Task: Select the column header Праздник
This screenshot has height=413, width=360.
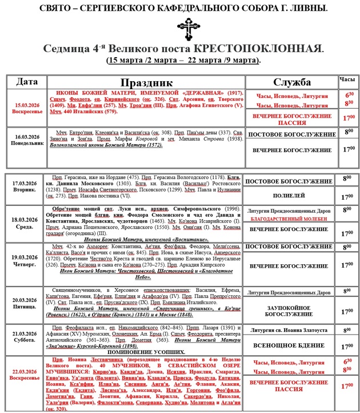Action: tap(146, 82)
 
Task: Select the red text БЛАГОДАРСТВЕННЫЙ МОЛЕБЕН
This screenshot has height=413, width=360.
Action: tap(288, 219)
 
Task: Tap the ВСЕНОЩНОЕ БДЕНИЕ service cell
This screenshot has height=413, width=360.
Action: tap(289, 346)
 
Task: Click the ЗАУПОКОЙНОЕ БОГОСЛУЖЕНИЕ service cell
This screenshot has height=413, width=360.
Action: tap(289, 310)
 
